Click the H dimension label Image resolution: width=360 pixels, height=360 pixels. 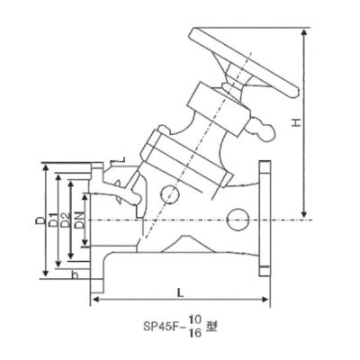[297, 122]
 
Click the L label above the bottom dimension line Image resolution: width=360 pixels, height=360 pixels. [180, 292]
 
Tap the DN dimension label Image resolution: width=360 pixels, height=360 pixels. [79, 220]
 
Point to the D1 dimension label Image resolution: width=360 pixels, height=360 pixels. [53, 220]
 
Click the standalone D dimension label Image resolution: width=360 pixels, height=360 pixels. [40, 220]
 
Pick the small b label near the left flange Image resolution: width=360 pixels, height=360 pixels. [76, 274]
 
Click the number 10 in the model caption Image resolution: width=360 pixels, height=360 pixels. [195, 320]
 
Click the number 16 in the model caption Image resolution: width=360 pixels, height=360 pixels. [195, 333]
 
